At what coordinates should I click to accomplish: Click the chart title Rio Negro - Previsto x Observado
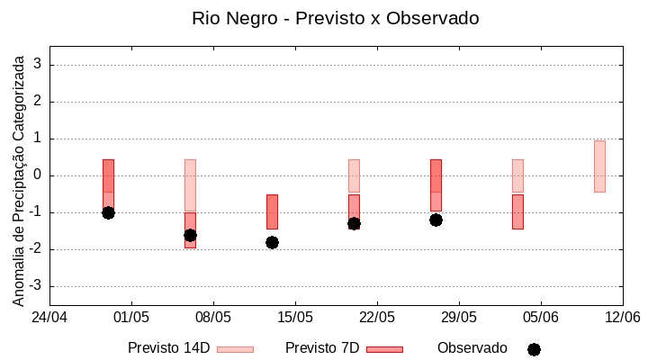pos(335,18)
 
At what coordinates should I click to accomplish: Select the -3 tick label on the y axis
pos(37,286)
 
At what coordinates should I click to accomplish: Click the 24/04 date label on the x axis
pos(49,318)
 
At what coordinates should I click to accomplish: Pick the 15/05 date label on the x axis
pos(294,318)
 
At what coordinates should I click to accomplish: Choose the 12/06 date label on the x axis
pos(622,318)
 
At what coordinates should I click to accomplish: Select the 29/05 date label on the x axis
pos(458,318)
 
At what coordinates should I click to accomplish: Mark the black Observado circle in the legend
pos(534,349)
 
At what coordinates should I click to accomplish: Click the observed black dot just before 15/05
pos(272,242)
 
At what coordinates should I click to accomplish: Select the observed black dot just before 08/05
pos(190,235)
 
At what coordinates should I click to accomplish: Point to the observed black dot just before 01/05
pos(108,212)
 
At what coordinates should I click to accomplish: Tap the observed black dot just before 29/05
pos(436,220)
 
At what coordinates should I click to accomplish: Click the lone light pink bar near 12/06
pos(599,166)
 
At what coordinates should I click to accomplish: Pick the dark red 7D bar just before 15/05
pos(272,211)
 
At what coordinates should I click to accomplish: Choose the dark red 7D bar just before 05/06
pos(517,211)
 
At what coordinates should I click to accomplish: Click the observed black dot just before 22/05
pos(354,223)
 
